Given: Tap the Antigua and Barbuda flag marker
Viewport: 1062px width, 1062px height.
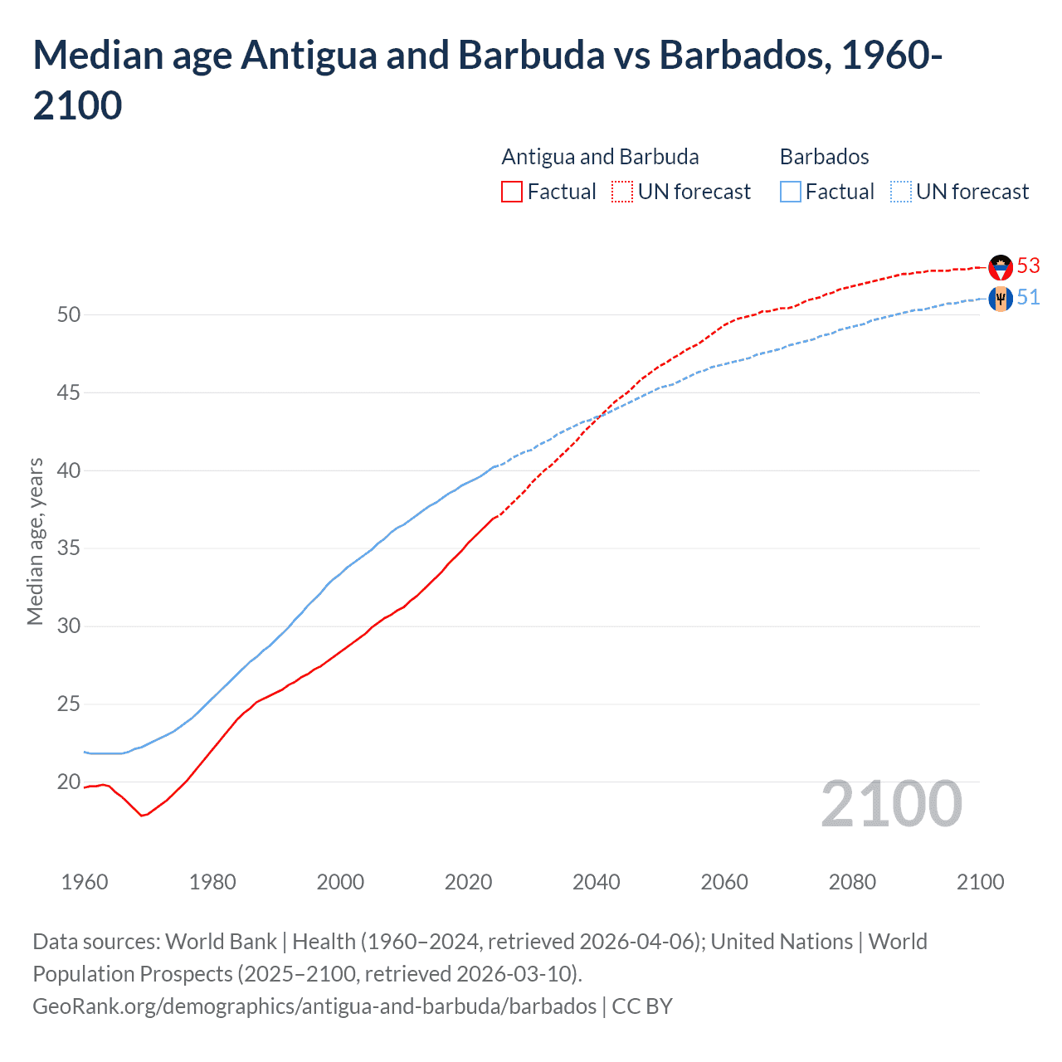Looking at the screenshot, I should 1001,267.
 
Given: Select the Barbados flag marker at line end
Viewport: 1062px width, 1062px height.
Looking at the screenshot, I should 1001,299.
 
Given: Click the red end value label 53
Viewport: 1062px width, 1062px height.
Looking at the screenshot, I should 1028,265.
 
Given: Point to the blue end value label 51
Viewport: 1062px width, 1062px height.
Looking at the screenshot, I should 1028,297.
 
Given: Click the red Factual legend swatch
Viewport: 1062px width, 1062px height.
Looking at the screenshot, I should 512,192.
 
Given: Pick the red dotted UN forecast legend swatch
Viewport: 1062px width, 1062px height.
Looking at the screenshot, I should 622,192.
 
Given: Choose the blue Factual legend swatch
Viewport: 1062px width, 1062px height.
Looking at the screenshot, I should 791,192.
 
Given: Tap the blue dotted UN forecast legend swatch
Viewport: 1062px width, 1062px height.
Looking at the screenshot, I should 901,192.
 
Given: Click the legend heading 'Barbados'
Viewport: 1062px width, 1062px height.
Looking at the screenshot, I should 824,157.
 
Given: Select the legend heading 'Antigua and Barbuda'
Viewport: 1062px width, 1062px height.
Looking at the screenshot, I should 600,157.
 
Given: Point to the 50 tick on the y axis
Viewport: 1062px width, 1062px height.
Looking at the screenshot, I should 69,314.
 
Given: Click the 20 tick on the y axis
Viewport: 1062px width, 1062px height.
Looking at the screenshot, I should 69,782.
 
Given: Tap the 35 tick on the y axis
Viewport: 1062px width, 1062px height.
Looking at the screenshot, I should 69,548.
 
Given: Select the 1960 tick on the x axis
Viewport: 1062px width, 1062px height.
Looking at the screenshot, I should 85,882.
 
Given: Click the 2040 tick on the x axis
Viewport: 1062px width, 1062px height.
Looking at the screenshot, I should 596,882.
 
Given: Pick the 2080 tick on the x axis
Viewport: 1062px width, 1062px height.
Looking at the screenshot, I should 852,882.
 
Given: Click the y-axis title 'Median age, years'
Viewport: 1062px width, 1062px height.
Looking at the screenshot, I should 35,541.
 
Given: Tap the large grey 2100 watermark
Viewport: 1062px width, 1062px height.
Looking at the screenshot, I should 891,804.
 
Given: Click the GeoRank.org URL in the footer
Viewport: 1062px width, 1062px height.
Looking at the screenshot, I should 314,1006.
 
